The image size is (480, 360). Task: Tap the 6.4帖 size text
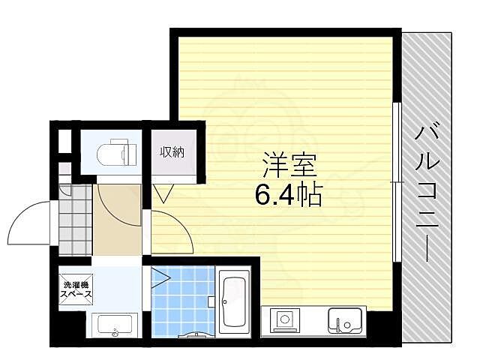coord(289,197)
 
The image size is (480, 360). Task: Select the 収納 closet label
coord(171,152)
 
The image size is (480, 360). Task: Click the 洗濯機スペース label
coord(77,289)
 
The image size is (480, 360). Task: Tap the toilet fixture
coord(117,153)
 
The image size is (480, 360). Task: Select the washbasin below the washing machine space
coord(115,327)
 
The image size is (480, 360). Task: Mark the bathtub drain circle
coord(226,301)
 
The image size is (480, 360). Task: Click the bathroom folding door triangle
coord(160,280)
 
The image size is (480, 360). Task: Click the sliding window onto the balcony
coord(394,182)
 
